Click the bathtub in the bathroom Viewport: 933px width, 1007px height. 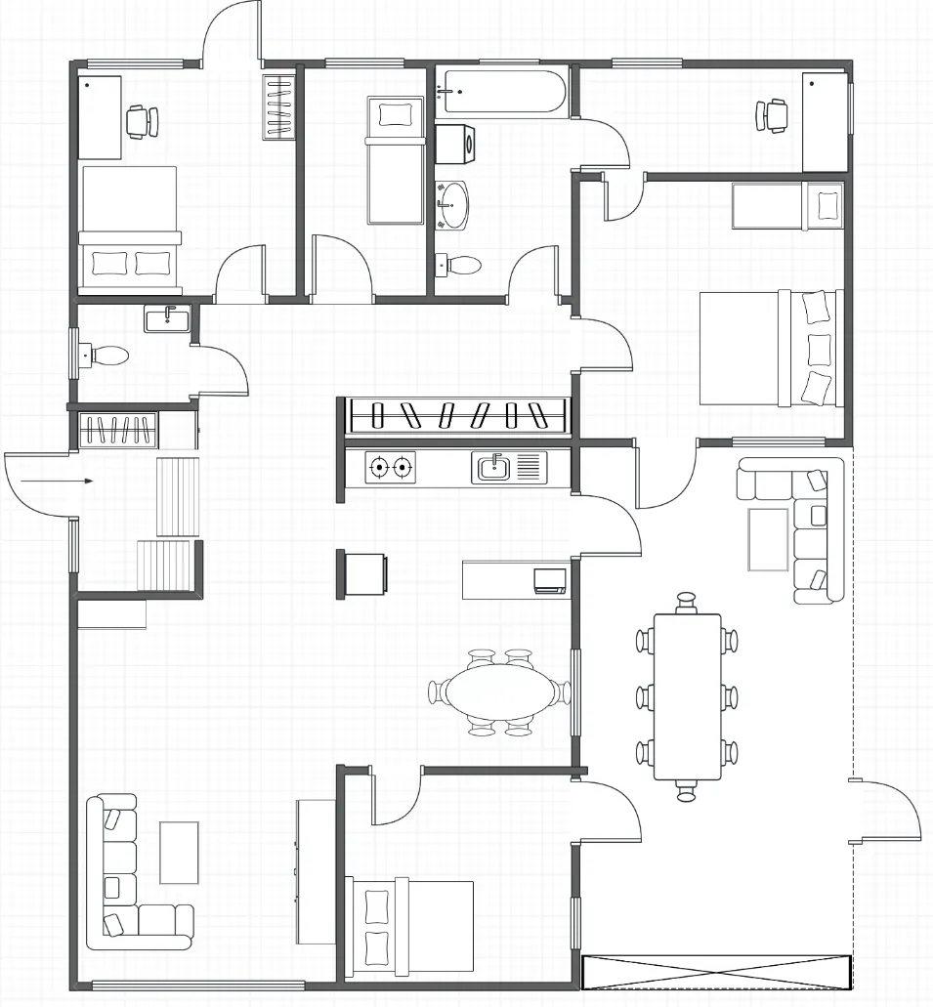coord(501,92)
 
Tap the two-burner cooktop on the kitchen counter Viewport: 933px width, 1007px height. coord(390,468)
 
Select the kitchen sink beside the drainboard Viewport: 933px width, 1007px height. coord(491,467)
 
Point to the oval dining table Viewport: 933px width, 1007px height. coord(497,692)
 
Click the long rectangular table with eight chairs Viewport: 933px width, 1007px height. coord(687,696)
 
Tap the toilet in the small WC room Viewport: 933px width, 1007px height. coord(106,355)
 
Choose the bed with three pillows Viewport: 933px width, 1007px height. coord(770,348)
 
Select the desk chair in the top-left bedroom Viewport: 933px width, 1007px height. coord(142,120)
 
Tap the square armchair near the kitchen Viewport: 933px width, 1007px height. coord(365,573)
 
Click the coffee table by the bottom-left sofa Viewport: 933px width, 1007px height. coord(179,852)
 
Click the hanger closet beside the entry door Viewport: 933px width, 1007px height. coord(117,429)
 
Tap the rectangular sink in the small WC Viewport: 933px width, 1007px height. coord(166,318)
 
